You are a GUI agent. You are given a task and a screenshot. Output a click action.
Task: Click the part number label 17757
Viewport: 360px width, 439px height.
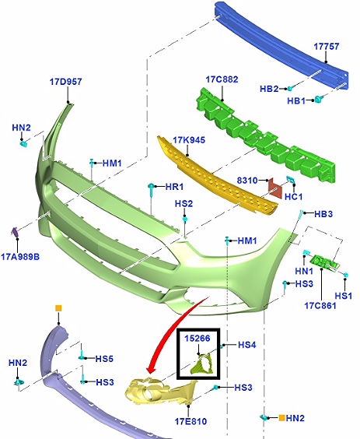[x=326, y=46]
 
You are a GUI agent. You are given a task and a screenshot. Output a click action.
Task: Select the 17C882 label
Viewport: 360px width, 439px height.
[x=222, y=79]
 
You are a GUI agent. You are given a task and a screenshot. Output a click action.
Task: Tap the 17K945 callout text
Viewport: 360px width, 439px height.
[x=189, y=140]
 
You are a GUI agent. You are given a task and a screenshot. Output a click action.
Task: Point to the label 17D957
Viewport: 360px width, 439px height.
[x=66, y=82]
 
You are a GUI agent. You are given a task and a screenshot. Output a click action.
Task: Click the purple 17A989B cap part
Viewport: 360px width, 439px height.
[x=15, y=232]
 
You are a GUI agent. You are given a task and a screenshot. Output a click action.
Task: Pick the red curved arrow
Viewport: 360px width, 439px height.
[x=174, y=330]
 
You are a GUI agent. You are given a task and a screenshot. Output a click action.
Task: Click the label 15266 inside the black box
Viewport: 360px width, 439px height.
[x=197, y=339]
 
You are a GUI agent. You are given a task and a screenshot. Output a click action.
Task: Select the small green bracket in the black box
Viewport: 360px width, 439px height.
[x=202, y=364]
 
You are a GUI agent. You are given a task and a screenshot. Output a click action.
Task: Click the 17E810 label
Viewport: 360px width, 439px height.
[x=190, y=421]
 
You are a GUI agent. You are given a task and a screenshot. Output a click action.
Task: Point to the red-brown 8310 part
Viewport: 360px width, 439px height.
[x=274, y=188]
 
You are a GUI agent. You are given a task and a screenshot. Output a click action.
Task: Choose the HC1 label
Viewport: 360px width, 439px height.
[x=293, y=197]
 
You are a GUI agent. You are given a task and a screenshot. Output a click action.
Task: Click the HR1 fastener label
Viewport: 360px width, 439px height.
[x=174, y=187]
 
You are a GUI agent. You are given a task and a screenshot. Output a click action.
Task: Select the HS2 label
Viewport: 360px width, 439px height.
[x=184, y=203]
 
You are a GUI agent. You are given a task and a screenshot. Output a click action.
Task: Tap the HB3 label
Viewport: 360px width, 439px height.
[x=323, y=214]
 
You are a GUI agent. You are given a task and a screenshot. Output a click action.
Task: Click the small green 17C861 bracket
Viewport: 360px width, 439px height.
[x=323, y=263]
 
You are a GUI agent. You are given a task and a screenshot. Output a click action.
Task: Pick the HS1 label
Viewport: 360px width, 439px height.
[x=344, y=295]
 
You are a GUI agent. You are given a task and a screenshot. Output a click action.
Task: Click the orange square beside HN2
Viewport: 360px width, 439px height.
[x=282, y=418]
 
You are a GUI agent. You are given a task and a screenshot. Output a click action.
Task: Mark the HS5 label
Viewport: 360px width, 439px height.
[x=104, y=359]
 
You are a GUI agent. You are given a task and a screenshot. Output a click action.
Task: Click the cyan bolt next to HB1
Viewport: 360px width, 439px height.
[x=318, y=99]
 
